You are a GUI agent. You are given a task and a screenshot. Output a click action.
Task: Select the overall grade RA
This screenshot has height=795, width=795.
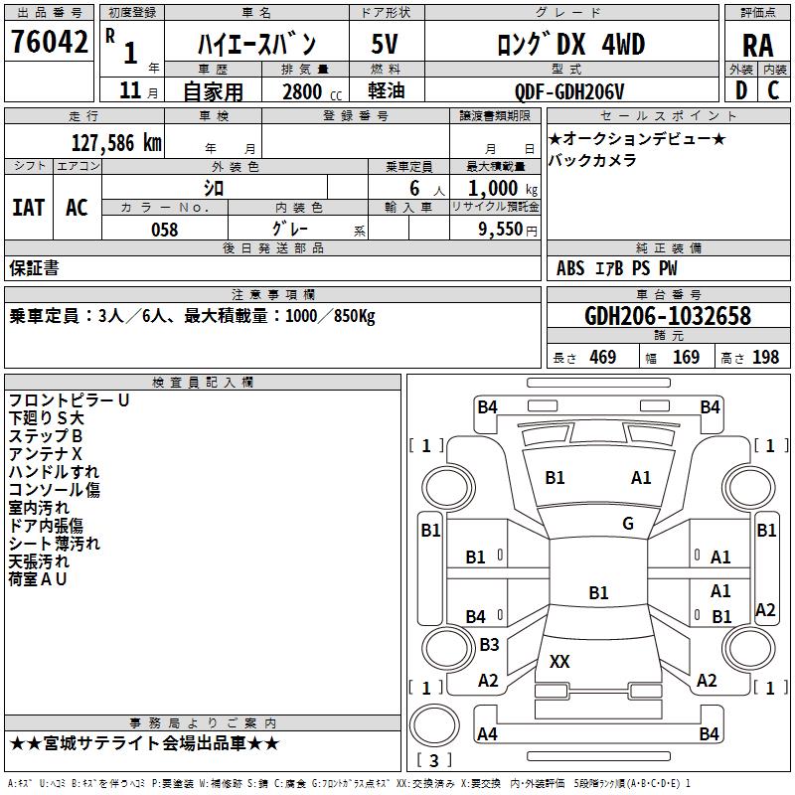pyautogui.click(x=757, y=46)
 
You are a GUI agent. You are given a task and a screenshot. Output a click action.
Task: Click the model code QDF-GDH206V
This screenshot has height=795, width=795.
pyautogui.click(x=569, y=92)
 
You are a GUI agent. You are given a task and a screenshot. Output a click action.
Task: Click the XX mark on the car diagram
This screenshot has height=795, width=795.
pyautogui.click(x=559, y=661)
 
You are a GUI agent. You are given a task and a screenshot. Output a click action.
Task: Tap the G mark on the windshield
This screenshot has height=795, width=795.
pyautogui.click(x=628, y=524)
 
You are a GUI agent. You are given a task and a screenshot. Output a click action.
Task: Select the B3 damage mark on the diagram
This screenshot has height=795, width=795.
pyautogui.click(x=489, y=645)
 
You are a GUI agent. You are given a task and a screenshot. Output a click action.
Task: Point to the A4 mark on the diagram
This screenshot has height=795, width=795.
pyautogui.click(x=487, y=734)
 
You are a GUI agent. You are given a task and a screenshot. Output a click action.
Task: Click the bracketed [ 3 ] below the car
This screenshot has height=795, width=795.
pyautogui.click(x=434, y=761)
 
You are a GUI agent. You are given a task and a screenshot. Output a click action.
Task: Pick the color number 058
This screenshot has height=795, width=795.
pyautogui.click(x=164, y=230)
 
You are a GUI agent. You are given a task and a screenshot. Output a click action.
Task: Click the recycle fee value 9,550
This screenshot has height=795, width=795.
pyautogui.click(x=501, y=230)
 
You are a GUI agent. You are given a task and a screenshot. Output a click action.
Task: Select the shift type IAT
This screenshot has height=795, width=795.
pyautogui.click(x=28, y=208)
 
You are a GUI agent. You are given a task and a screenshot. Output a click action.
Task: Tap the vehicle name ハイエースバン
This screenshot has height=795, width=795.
pyautogui.click(x=255, y=45)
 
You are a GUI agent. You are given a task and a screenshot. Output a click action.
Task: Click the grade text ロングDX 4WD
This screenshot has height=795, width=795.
pyautogui.click(x=570, y=45)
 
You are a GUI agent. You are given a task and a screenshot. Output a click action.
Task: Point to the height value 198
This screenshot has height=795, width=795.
pyautogui.click(x=765, y=358)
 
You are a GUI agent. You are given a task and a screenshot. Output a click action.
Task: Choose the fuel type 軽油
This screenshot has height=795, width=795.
pyautogui.click(x=385, y=92)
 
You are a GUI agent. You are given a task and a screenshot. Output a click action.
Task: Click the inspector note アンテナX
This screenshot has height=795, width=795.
pyautogui.click(x=46, y=454)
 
